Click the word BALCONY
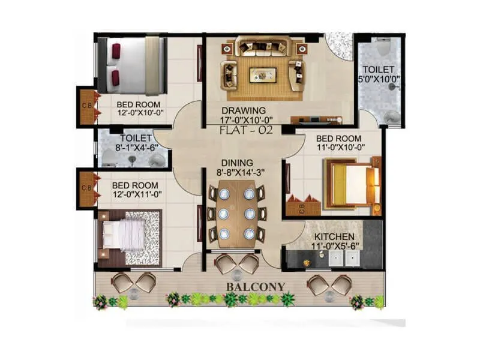click(x=255, y=287)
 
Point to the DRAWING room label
click(x=244, y=110)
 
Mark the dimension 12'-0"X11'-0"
click(x=137, y=195)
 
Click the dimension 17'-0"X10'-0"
click(x=244, y=119)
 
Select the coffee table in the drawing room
click(x=262, y=74)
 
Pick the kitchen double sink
click(x=344, y=257)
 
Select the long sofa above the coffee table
click(x=262, y=46)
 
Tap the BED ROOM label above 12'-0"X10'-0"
click(x=138, y=104)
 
